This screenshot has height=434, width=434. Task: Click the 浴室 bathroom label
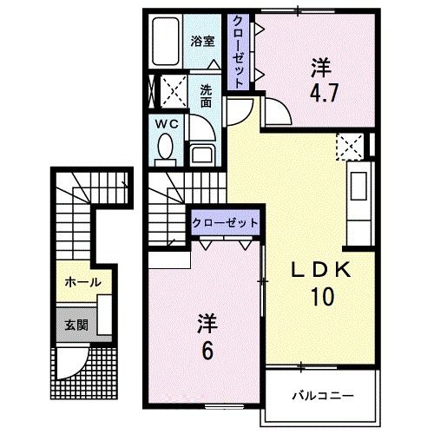[x=202, y=42]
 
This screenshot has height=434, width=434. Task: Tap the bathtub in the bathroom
[x=166, y=42]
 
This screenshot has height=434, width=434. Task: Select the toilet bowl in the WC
[x=165, y=148]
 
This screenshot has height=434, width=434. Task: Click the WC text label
[x=167, y=124]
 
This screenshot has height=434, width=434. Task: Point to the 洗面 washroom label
[x=206, y=96]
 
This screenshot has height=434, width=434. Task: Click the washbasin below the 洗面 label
[x=202, y=155]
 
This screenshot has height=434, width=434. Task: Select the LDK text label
[x=321, y=271]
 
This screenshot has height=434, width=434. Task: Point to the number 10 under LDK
[x=323, y=297]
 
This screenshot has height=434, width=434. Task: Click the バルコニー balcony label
[x=323, y=395]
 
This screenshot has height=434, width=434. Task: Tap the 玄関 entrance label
[x=76, y=325]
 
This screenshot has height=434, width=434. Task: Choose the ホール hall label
[x=82, y=282]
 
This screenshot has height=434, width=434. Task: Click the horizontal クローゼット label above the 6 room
[x=225, y=223]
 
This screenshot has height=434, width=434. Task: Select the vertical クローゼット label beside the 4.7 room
[x=238, y=52]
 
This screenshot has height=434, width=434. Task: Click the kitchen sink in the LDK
[x=358, y=186]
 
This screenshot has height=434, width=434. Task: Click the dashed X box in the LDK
[x=350, y=147]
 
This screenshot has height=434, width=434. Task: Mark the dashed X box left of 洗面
[x=174, y=91]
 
